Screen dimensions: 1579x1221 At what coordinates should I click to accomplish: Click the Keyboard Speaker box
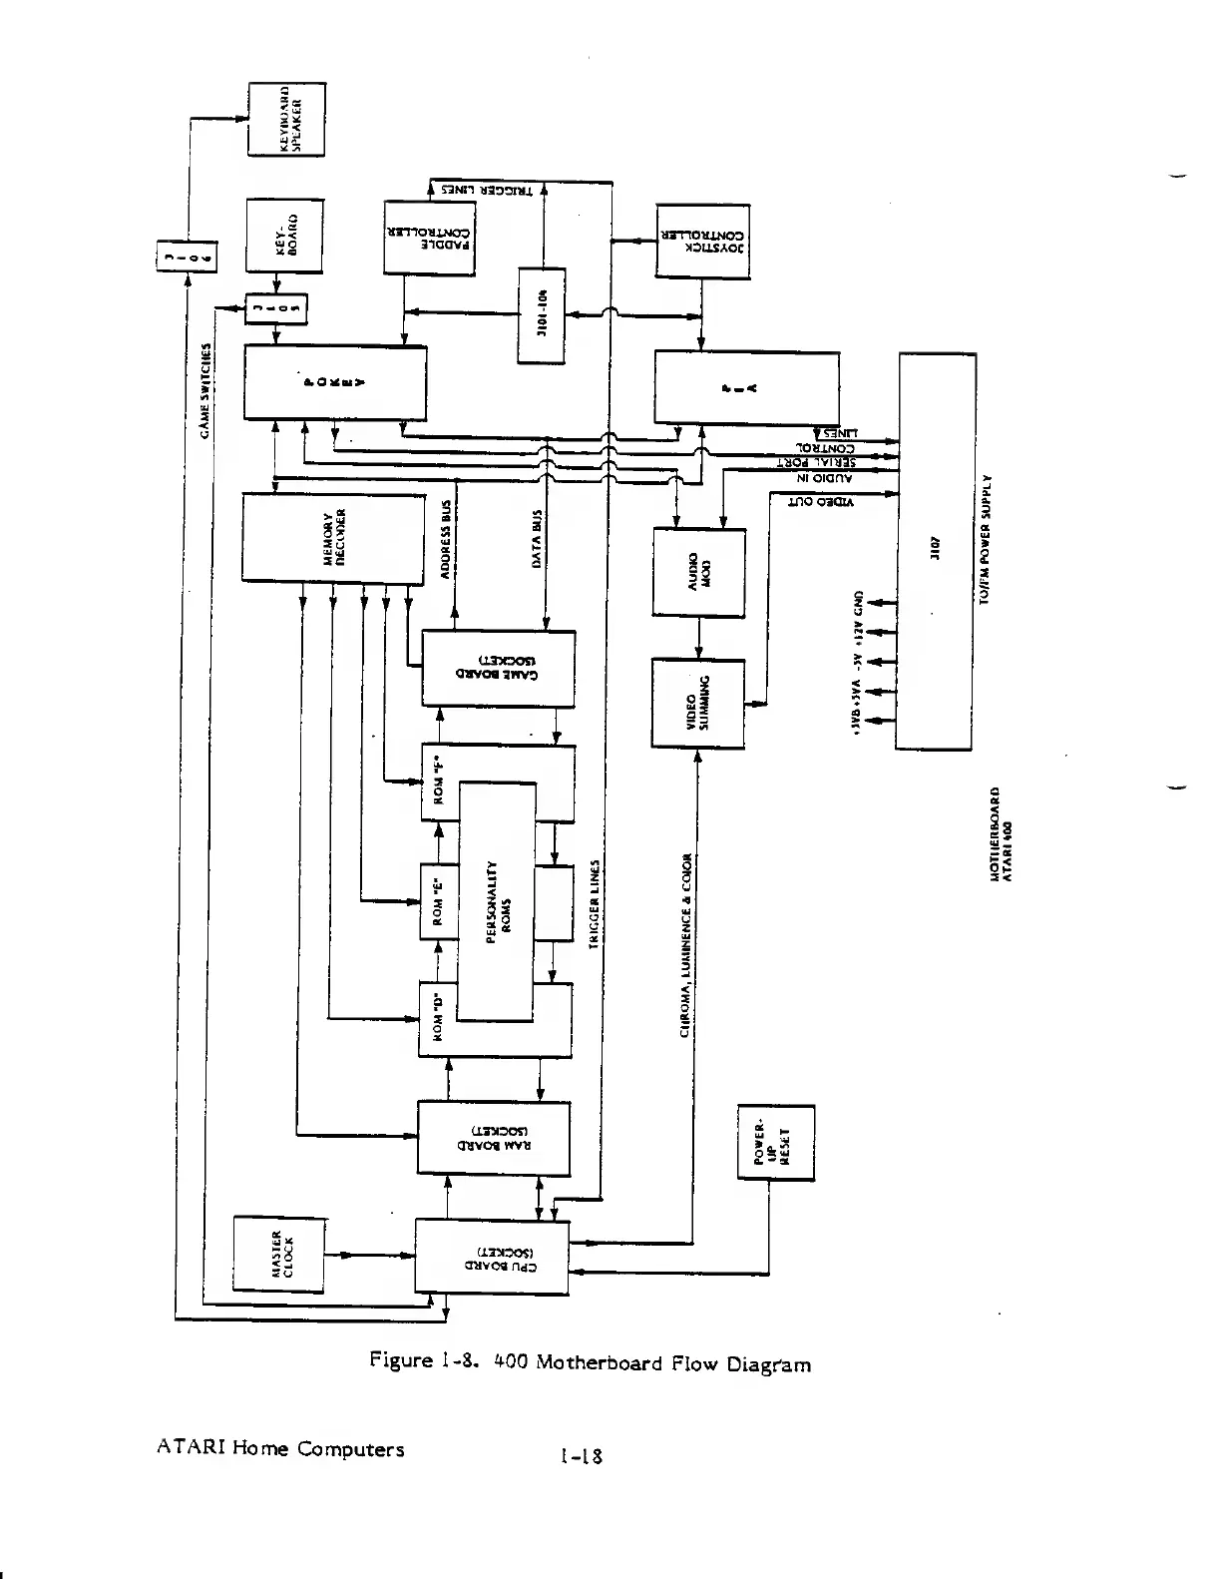click(x=286, y=119)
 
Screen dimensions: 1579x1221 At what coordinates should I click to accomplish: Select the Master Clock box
click(x=279, y=1254)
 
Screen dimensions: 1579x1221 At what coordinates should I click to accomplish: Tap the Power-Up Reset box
click(x=775, y=1143)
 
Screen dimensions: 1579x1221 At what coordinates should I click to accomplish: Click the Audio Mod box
click(x=698, y=571)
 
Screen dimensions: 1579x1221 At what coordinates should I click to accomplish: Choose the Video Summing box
click(x=697, y=703)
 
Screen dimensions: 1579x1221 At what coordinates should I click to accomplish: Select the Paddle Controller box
click(x=430, y=237)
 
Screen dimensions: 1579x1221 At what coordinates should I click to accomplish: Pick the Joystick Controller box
click(x=702, y=241)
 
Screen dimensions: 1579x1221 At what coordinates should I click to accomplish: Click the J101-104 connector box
click(x=542, y=315)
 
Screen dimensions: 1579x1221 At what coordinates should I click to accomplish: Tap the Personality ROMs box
click(x=496, y=902)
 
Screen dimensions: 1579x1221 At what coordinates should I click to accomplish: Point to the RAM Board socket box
click(x=494, y=1138)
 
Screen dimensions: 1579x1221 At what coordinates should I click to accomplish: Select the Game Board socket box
click(x=499, y=666)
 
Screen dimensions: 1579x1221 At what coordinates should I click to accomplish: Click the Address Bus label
click(x=448, y=538)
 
